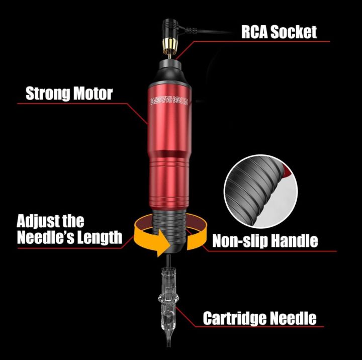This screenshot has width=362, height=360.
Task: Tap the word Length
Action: [x=104, y=237]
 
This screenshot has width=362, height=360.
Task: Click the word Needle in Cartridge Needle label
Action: [x=292, y=318]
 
